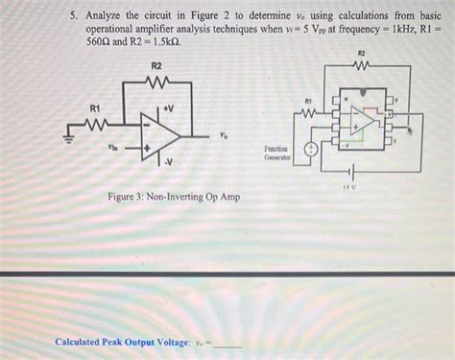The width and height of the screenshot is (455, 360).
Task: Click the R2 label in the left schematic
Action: [x=156, y=64]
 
